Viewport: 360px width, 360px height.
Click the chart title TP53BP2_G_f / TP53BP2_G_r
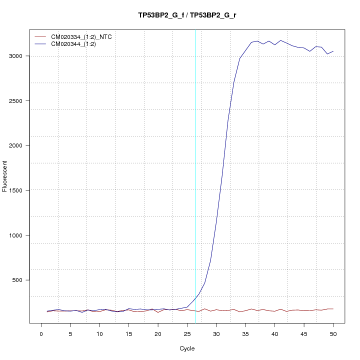pyautogui.click(x=187, y=15)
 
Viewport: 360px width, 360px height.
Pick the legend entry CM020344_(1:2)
pyautogui.click(x=77, y=44)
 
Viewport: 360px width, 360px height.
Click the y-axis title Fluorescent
pyautogui.click(x=5, y=176)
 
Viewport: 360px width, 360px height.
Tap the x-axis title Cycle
pyautogui.click(x=187, y=348)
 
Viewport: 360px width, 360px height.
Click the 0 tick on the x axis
pyautogui.click(x=41, y=333)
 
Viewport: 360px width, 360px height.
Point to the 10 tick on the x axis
pyautogui.click(x=99, y=333)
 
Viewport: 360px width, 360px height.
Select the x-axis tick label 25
pyautogui.click(x=187, y=333)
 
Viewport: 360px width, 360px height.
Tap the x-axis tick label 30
pyautogui.click(x=216, y=333)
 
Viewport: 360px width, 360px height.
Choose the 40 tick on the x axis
pyautogui.click(x=274, y=333)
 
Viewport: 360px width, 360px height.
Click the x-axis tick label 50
pyautogui.click(x=333, y=333)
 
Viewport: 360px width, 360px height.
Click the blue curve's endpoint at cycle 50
pyautogui.click(x=333, y=51)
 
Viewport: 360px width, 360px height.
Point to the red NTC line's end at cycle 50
pyautogui.click(x=333, y=309)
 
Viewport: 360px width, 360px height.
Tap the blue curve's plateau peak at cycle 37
pyautogui.click(x=257, y=41)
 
